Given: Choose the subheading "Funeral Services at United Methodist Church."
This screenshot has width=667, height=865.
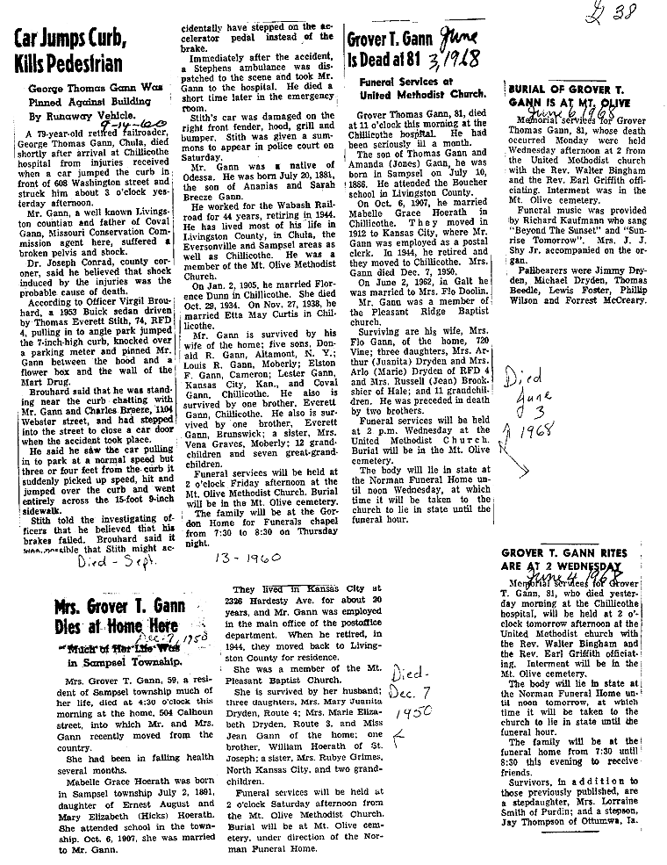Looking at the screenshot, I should click(x=421, y=88).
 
